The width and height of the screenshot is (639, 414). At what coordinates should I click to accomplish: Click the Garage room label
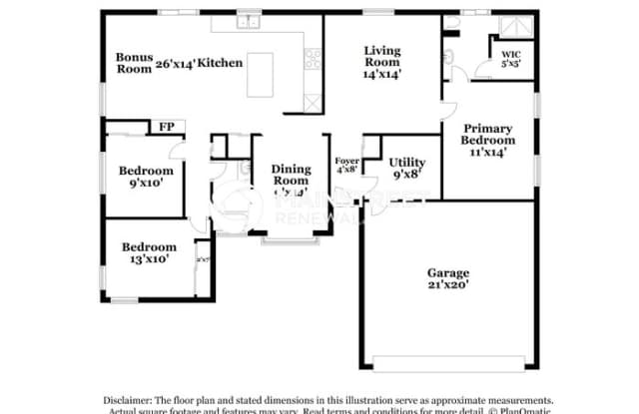tap(448, 272)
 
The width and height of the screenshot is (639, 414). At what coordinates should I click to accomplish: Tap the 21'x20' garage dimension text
tap(448, 284)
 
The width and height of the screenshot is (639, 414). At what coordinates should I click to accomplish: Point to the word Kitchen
tap(220, 63)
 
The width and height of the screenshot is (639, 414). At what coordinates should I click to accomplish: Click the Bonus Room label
tap(134, 63)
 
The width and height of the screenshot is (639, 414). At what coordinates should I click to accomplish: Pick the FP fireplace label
tap(165, 127)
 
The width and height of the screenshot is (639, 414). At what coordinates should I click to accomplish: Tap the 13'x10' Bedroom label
tap(149, 252)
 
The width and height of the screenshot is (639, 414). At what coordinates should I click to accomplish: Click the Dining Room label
tap(291, 176)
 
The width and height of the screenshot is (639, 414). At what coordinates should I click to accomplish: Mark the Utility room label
tap(406, 162)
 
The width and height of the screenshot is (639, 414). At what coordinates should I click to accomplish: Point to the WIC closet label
tap(510, 55)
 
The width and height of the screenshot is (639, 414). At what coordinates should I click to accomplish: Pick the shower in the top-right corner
tap(519, 26)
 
